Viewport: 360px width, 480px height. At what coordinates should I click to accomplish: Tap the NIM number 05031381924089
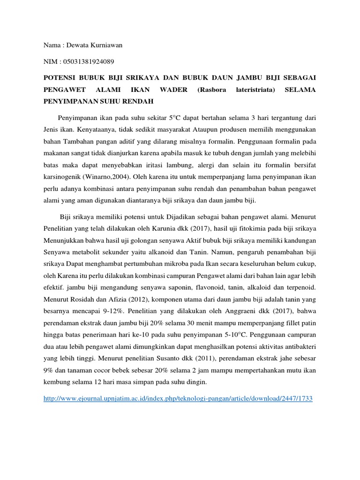(87, 61)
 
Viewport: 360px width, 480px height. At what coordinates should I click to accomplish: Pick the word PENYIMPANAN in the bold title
(70, 101)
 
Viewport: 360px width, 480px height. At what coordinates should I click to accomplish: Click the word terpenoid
(299, 285)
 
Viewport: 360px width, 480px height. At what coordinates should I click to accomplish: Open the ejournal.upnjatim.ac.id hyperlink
(178, 398)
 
